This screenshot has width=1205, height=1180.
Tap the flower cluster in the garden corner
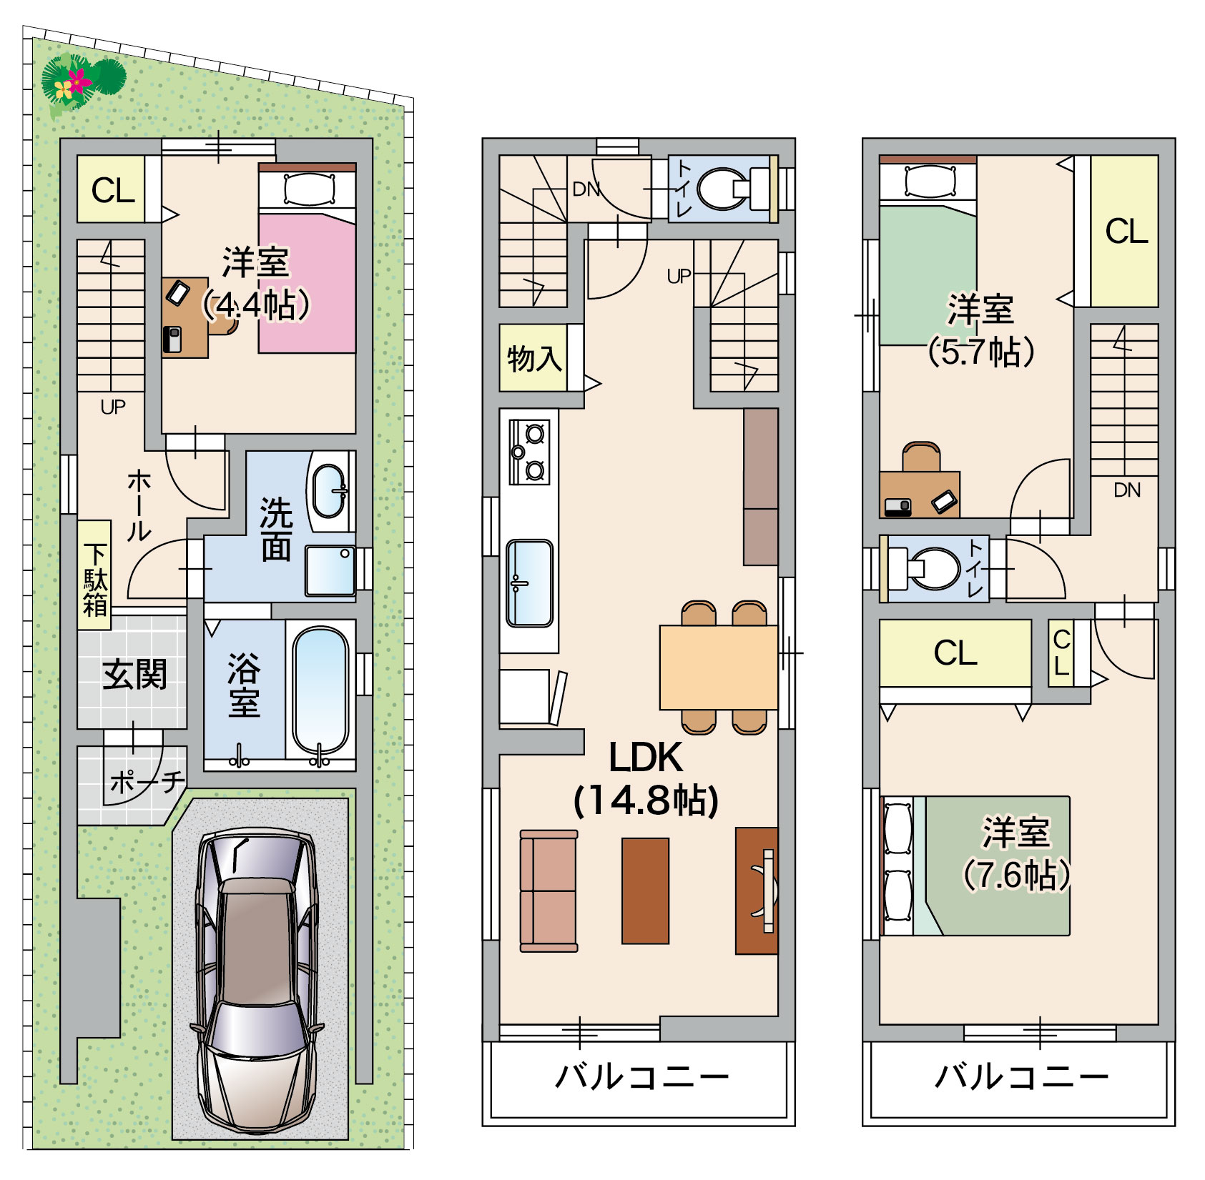pos(82,80)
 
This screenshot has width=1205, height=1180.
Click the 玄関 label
pos(134,675)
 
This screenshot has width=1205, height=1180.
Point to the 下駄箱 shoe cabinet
pos(94,575)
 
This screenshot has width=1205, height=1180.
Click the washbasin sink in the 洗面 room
pos(329,491)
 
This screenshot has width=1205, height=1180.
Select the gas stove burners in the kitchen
pos(529,452)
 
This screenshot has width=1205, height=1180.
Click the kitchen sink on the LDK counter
pos(529,583)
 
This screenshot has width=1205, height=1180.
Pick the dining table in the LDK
pos(719,668)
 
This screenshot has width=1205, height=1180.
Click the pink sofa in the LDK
pos(549,891)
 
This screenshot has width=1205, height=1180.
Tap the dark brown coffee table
pos(645,891)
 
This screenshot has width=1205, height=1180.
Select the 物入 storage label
pos(534,358)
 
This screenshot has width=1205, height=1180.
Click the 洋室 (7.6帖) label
pos(1016,853)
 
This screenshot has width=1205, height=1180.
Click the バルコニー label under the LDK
pos(642,1076)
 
